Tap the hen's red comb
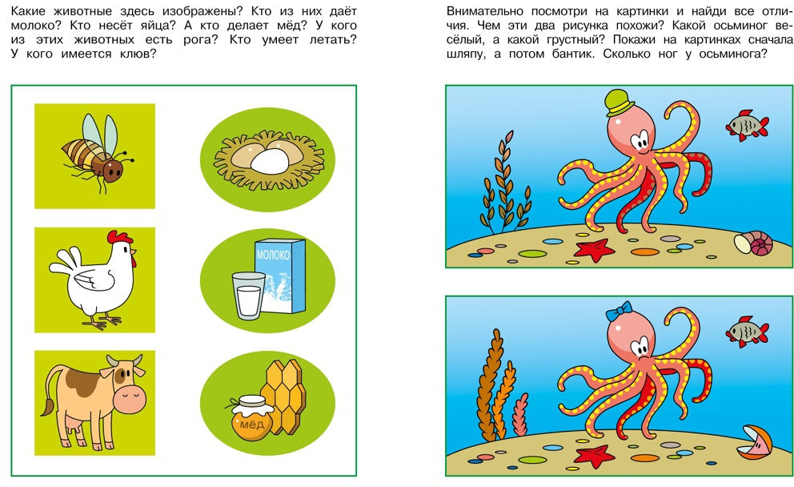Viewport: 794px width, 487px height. click(119, 237)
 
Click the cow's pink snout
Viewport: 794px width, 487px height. click(130, 396)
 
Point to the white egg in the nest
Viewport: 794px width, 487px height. click(270, 162)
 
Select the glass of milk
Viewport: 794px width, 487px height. click(249, 296)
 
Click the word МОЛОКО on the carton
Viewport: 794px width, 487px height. click(274, 255)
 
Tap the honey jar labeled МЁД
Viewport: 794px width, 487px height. click(251, 417)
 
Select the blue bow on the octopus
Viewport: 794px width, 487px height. click(620, 311)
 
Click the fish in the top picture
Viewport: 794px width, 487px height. click(747, 125)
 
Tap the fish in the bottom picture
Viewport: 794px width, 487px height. click(747, 332)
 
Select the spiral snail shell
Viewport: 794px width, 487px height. click(754, 243)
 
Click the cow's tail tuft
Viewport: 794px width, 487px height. click(48, 408)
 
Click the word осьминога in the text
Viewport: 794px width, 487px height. click(733, 54)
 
